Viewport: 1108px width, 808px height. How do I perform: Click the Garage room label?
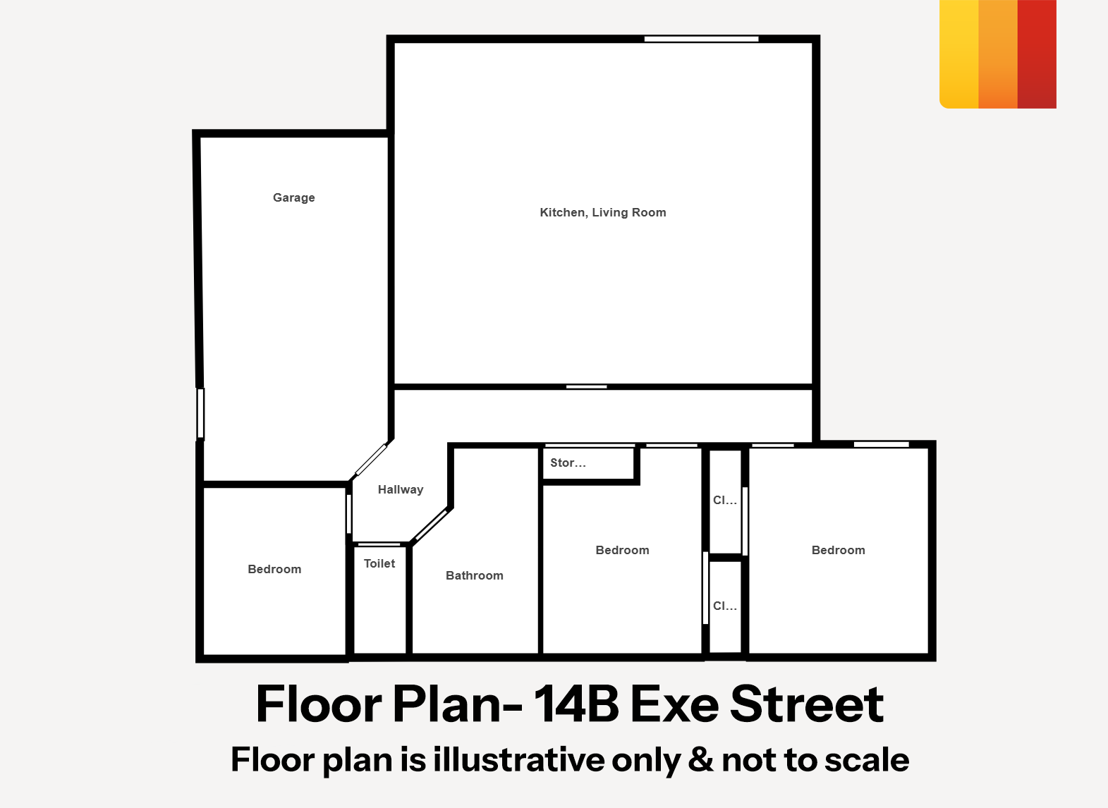tap(294, 198)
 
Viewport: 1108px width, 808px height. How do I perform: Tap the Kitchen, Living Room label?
tap(603, 213)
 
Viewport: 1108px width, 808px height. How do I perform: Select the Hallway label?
tap(401, 489)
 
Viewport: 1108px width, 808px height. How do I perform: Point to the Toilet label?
tap(379, 563)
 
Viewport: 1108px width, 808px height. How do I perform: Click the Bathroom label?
tap(475, 575)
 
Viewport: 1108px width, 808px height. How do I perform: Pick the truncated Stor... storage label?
tap(568, 463)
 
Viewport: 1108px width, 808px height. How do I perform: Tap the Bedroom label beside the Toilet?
tap(274, 569)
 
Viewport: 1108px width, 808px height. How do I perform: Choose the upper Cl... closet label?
tap(724, 500)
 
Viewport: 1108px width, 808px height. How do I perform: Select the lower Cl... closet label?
tap(724, 606)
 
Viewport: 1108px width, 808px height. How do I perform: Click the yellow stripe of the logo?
tap(958, 54)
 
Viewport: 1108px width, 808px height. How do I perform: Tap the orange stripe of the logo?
tap(998, 54)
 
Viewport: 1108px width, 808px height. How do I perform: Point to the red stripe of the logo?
tap(1037, 54)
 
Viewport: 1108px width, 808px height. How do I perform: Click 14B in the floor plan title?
tap(576, 704)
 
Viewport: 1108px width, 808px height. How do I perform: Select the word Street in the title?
tap(807, 704)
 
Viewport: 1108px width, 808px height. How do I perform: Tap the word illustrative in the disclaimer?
tap(519, 759)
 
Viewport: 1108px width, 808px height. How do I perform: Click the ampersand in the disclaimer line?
tap(700, 759)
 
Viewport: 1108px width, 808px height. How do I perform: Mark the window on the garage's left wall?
tap(201, 413)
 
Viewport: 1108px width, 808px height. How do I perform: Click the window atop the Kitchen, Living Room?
tap(701, 39)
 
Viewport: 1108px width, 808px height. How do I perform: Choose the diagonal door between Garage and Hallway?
tap(371, 460)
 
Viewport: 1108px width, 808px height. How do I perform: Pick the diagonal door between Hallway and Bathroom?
tap(432, 525)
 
